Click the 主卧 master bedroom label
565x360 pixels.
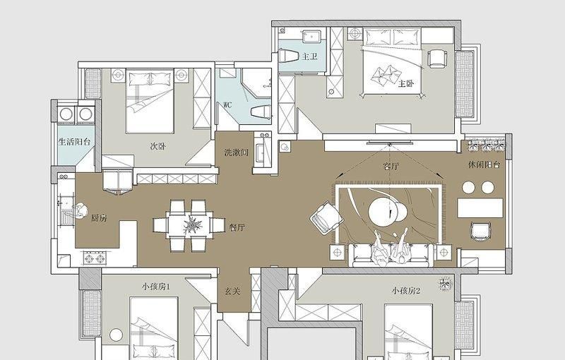pyautogui.click(x=406, y=84)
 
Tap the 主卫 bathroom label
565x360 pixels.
pyautogui.click(x=309, y=56)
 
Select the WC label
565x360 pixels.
pyautogui.click(x=227, y=105)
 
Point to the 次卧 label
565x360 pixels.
pyautogui.click(x=157, y=147)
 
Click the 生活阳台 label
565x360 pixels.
pyautogui.click(x=75, y=141)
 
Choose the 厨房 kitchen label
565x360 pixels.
pyautogui.click(x=99, y=218)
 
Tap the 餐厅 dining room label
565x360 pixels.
pyautogui.click(x=237, y=227)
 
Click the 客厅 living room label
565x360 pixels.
pyautogui.click(x=391, y=167)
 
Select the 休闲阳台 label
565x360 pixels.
pyautogui.click(x=484, y=165)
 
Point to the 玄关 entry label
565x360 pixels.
pyautogui.click(x=232, y=291)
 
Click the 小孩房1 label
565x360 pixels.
pyautogui.click(x=155, y=287)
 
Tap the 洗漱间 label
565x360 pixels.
pyautogui.click(x=237, y=152)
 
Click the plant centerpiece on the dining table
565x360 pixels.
pyautogui.click(x=192, y=225)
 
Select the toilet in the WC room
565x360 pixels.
pyautogui.click(x=261, y=112)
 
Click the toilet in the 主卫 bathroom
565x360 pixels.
pyautogui.click(x=289, y=56)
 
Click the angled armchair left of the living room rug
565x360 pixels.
pyautogui.click(x=326, y=218)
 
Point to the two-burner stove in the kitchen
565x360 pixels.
pyautogui.click(x=95, y=258)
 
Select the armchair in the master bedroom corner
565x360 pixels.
pyautogui.click(x=437, y=59)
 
